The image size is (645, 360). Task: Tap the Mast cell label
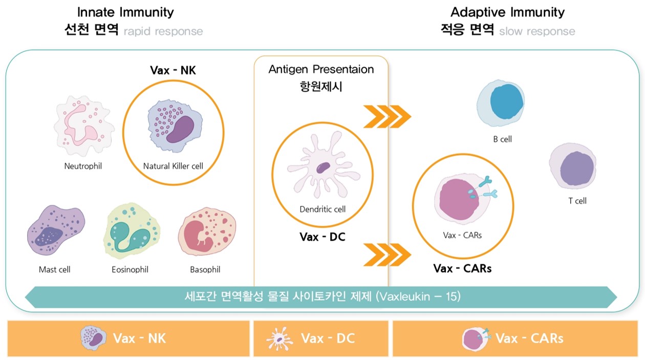tap(55, 269)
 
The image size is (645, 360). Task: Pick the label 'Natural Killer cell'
tap(173, 166)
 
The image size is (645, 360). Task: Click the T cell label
tap(577, 201)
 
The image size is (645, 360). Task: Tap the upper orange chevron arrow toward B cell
tap(387, 116)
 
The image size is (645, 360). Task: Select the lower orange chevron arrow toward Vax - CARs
tap(387, 255)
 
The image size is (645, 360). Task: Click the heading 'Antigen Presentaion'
tap(321, 69)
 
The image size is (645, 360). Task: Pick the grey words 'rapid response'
tap(163, 31)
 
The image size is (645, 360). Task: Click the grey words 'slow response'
tap(537, 31)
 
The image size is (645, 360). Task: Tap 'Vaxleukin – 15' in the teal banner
tap(418, 297)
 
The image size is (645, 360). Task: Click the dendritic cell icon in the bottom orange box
tap(279, 338)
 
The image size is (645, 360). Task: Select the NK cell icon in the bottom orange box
tap(94, 338)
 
